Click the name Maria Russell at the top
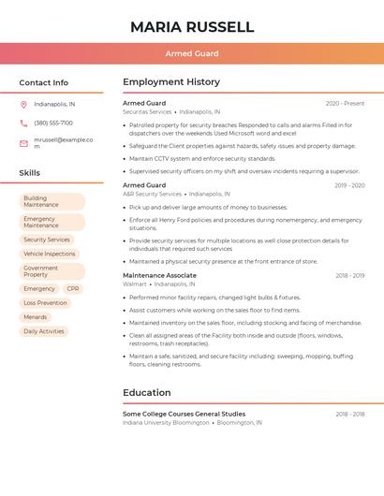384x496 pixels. [x=192, y=26]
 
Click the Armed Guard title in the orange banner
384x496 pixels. [x=192, y=53]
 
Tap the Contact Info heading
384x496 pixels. [x=43, y=82]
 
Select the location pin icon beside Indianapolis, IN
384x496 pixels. [x=23, y=104]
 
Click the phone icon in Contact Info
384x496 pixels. [x=23, y=123]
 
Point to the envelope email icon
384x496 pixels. [x=23, y=143]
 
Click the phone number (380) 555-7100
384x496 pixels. [x=53, y=123]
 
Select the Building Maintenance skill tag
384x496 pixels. [x=52, y=201]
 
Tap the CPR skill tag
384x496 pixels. [x=73, y=289]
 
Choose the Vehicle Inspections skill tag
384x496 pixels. [x=50, y=254]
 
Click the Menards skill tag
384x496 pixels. [x=36, y=317]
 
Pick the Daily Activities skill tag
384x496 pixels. [x=44, y=331]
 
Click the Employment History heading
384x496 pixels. [x=171, y=82]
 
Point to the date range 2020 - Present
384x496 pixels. [x=345, y=103]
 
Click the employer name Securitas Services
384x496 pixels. [x=147, y=111]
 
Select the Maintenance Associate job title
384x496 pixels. [x=159, y=275]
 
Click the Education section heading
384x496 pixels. [x=147, y=392]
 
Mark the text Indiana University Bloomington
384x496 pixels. [x=166, y=422]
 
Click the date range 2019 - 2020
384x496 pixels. [x=349, y=185]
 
